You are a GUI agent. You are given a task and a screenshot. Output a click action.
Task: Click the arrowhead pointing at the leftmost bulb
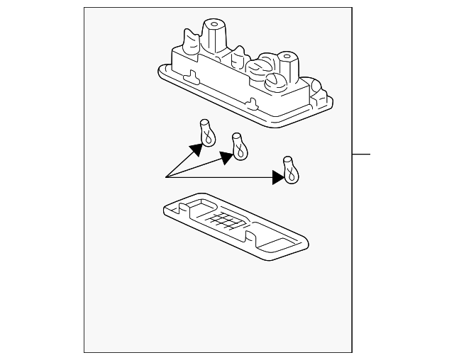click(194, 148)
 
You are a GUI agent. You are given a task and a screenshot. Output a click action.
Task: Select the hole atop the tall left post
click(215, 24)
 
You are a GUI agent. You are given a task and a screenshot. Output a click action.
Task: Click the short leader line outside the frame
click(362, 154)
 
